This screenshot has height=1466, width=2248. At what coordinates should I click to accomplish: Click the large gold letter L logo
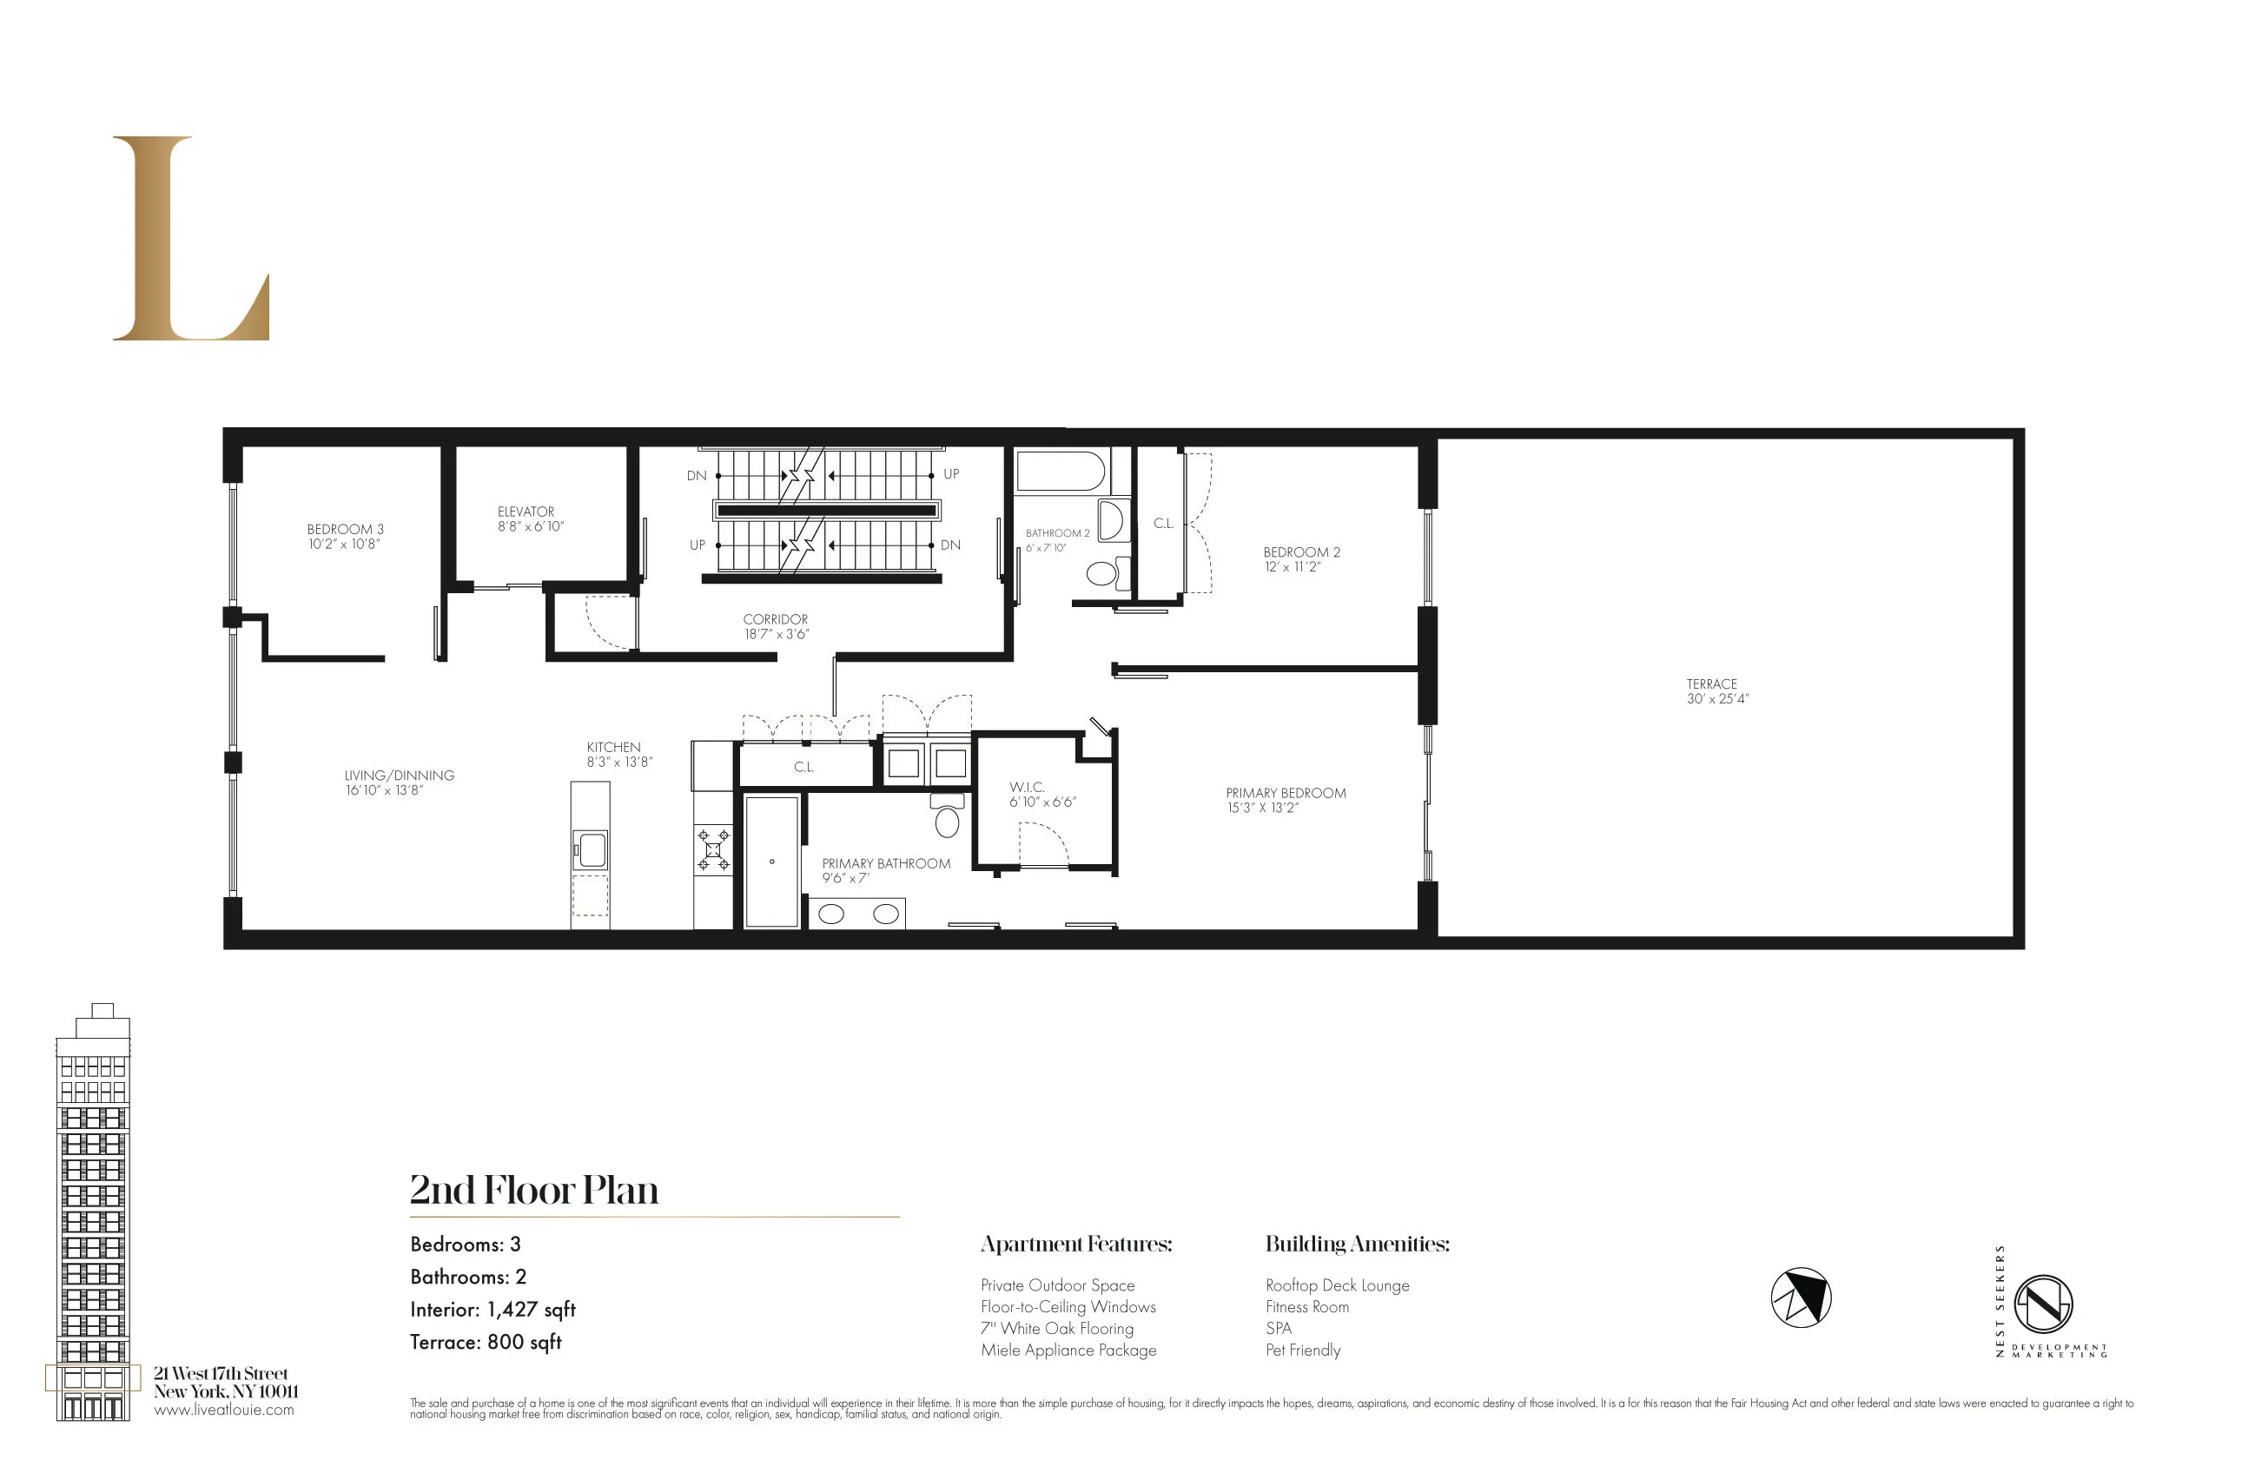pos(188,238)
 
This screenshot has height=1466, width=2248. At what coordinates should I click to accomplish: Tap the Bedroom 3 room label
pos(345,537)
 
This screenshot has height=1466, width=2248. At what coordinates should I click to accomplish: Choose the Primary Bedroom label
pos(1285,800)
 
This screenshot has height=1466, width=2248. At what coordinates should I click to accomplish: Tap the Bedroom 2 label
pos(1300,559)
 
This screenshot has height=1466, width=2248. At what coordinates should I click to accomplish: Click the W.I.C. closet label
pos(1040,795)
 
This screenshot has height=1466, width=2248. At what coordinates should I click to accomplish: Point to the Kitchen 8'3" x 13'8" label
pos(618,754)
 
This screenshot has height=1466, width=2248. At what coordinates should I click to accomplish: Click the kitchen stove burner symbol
pos(713,849)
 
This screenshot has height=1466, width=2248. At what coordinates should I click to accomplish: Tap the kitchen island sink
pos(592,849)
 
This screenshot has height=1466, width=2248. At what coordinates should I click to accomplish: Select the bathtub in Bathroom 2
pos(1060,471)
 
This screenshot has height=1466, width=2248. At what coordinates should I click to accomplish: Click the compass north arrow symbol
pos(1801,1297)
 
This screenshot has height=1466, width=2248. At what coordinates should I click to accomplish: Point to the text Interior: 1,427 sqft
pos(493,1309)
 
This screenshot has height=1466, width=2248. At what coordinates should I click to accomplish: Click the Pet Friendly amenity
pos(1303,1350)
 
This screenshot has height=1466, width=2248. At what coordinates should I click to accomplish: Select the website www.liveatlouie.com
pos(224,1410)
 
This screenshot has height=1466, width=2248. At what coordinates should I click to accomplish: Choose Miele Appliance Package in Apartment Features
pos(1068,1350)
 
